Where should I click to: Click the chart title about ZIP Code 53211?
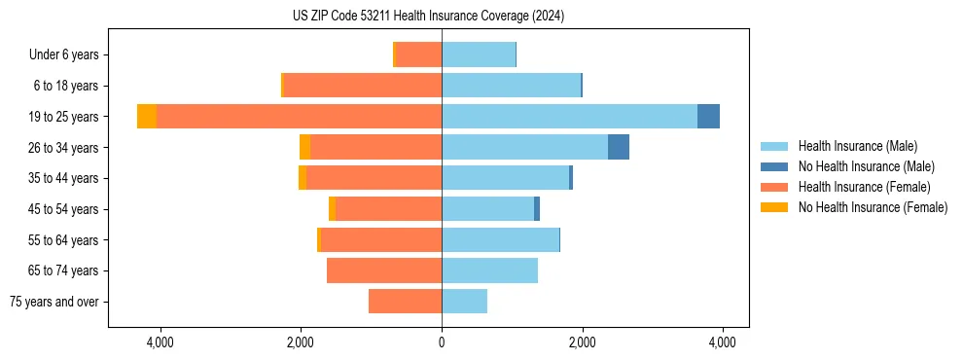[x=428, y=17]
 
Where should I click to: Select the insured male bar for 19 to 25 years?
[x=569, y=117]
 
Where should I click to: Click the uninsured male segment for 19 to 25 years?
[x=708, y=117]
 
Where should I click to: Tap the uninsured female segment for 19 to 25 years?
[x=147, y=117]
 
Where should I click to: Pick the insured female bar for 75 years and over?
[x=405, y=302]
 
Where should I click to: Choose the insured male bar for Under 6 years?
[x=479, y=55]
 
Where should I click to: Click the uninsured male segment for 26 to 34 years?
[x=619, y=147]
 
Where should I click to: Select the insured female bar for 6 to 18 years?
[x=362, y=86]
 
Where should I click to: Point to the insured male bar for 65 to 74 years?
[x=489, y=270]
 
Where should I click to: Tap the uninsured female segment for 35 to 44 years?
[x=303, y=178]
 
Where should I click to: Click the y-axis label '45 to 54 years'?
[x=64, y=209]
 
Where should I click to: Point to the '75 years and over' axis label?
[x=54, y=302]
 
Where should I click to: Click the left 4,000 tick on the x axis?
[x=160, y=342]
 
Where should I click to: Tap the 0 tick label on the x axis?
[x=442, y=342]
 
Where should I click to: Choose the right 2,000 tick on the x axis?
[x=582, y=342]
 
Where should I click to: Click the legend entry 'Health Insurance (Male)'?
[x=857, y=146]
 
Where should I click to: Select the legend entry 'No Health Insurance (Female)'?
[x=873, y=207]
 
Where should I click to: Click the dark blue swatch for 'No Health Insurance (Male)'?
[x=774, y=166]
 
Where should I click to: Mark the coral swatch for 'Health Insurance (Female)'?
[x=774, y=187]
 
